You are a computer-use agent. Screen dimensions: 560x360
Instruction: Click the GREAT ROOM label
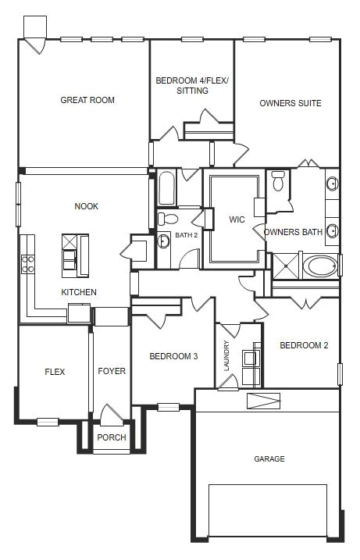pyautogui.click(x=87, y=100)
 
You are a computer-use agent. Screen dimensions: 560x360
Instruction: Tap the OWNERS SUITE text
pyautogui.click(x=290, y=103)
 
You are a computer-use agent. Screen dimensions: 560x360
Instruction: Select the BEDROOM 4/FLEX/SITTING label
pyautogui.click(x=191, y=85)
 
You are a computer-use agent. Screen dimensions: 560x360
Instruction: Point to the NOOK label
pyautogui.click(x=87, y=206)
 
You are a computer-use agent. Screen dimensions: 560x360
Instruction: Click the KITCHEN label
pyautogui.click(x=79, y=292)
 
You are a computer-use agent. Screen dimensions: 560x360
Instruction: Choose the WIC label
pyautogui.click(x=237, y=219)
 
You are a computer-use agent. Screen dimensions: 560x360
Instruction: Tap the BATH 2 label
pyautogui.click(x=186, y=234)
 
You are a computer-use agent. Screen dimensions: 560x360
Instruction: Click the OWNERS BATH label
pyautogui.click(x=293, y=232)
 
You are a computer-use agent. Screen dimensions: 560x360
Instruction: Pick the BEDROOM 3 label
pyautogui.click(x=173, y=356)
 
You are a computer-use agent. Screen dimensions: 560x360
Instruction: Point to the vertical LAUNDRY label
pyautogui.click(x=227, y=355)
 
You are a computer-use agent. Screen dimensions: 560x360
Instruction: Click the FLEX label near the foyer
pyautogui.click(x=55, y=372)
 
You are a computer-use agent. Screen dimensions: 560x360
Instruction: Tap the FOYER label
pyautogui.click(x=112, y=372)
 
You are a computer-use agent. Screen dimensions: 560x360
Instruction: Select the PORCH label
pyautogui.click(x=111, y=437)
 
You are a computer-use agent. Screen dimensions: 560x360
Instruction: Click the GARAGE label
pyautogui.click(x=269, y=458)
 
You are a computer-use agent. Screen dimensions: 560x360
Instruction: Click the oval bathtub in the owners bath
pyautogui.click(x=320, y=266)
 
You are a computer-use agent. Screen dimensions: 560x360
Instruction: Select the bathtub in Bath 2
pyautogui.click(x=167, y=188)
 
